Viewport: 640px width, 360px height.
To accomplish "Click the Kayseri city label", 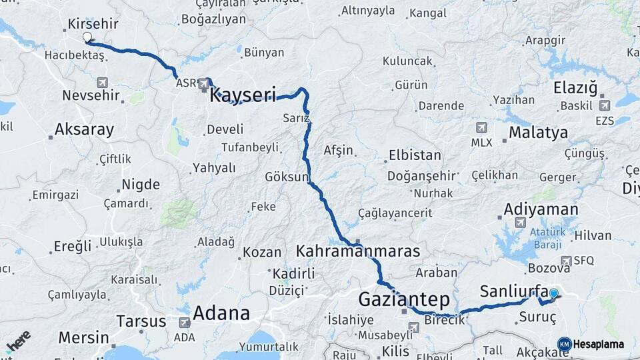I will tap(243, 96).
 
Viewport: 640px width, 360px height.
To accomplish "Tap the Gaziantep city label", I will tap(404, 298).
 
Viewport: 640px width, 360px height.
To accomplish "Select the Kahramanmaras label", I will tap(358, 251).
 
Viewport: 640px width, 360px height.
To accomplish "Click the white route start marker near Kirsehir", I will tap(87, 37).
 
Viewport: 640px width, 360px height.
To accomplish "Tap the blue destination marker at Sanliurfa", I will tap(553, 293).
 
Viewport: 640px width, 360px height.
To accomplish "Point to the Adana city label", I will tap(221, 313).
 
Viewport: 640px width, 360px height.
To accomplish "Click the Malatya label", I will tap(538, 133).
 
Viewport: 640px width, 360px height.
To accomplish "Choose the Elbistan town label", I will tap(415, 155).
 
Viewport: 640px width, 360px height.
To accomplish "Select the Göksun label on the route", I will tap(288, 177).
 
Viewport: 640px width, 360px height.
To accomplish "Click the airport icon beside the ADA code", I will tap(184, 322).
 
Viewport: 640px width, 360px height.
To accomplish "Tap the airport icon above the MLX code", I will tap(481, 127).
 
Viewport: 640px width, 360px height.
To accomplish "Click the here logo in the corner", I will tap(18, 341).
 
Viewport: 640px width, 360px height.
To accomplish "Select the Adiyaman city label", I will tap(541, 209).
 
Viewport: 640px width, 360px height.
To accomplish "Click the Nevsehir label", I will tap(91, 95).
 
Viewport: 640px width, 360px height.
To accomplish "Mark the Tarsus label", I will tap(141, 321).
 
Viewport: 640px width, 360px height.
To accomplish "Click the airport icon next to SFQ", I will tap(567, 261).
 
